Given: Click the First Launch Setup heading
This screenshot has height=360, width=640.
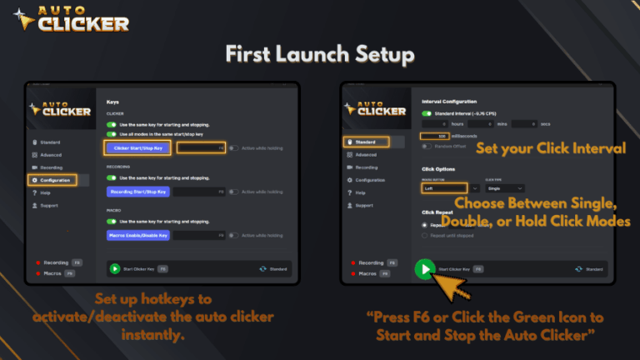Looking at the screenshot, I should pyautogui.click(x=320, y=54).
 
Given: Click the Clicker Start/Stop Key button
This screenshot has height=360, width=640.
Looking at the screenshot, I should pyautogui.click(x=139, y=147).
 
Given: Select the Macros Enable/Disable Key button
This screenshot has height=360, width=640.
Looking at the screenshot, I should pyautogui.click(x=139, y=236).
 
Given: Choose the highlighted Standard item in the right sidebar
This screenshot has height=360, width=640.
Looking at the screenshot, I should pyautogui.click(x=365, y=142).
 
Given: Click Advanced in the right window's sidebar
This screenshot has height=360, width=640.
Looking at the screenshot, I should pyautogui.click(x=366, y=154).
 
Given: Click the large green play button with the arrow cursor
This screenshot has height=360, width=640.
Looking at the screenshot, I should pyautogui.click(x=425, y=269).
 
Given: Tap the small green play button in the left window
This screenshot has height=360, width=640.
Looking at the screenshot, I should pyautogui.click(x=114, y=269).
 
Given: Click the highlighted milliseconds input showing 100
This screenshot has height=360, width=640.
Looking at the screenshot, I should pyautogui.click(x=436, y=136).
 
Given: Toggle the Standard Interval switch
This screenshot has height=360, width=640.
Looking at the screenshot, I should pyautogui.click(x=427, y=113).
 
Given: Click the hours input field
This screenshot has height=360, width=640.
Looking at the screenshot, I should pyautogui.click(x=442, y=124).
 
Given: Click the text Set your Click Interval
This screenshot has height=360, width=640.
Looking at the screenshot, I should pyautogui.click(x=550, y=148).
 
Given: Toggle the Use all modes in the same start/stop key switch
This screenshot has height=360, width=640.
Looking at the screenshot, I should pyautogui.click(x=111, y=133).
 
